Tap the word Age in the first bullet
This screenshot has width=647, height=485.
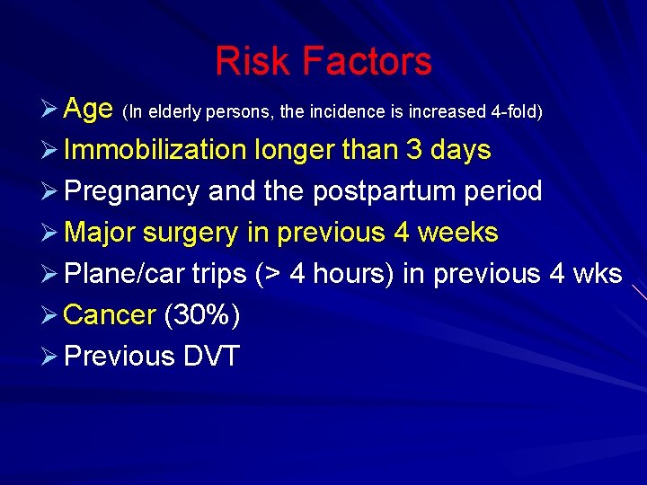coord(88,110)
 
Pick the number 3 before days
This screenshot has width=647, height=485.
coord(414,150)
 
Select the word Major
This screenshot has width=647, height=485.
coord(100,233)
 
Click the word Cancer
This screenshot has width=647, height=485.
coord(111,315)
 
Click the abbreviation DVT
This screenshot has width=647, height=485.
coord(211,357)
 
